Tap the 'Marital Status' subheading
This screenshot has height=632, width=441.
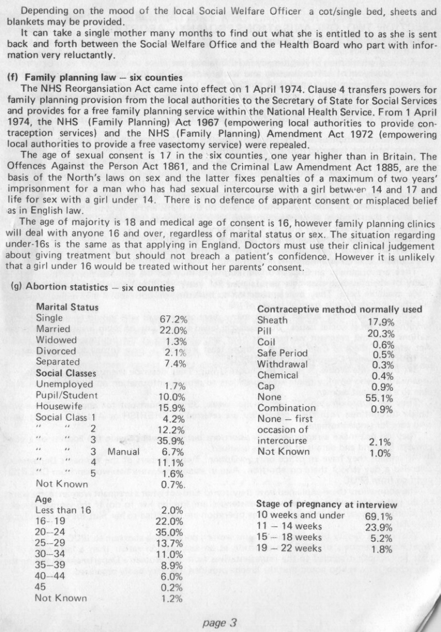coord(67,307)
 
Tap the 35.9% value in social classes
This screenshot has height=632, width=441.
coord(173,440)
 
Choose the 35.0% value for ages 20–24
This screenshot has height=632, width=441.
coord(173,532)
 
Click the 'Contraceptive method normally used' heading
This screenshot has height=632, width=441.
coord(340,309)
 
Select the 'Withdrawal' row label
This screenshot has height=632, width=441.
coord(283,364)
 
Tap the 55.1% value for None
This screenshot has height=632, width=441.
coord(380,397)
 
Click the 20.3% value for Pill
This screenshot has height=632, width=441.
coord(380,334)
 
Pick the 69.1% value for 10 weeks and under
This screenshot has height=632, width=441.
coord(380,516)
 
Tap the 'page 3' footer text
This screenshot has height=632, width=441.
coord(219,623)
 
